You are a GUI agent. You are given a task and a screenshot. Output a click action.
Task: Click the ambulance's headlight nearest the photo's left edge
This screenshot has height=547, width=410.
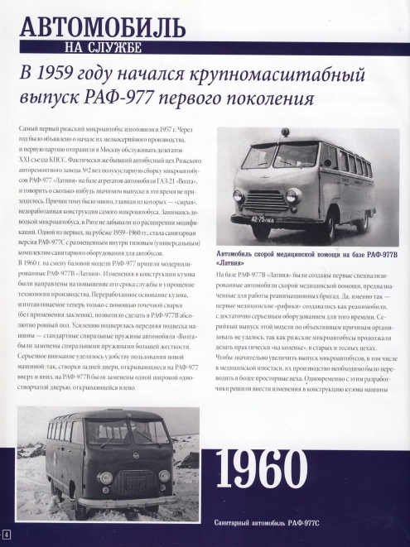coord(239,195)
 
